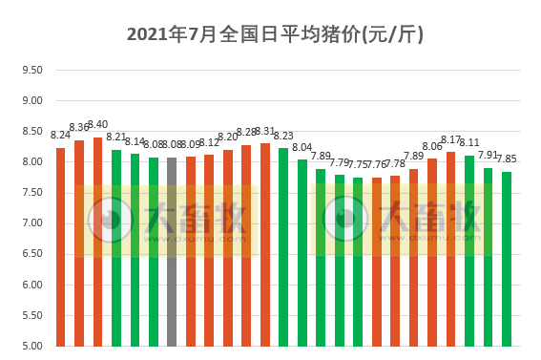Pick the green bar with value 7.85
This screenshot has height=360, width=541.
click(507, 259)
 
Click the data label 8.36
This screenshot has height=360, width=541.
click(79, 128)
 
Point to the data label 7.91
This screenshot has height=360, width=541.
click(488, 155)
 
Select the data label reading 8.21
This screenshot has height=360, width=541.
click(116, 138)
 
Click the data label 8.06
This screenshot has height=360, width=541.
click(432, 146)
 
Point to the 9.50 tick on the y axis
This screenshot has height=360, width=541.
click(31, 70)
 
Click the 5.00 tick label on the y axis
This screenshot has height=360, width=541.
click(31, 346)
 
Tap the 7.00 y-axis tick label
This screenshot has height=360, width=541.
click(31, 223)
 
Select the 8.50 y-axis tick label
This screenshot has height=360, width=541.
click(31, 131)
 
